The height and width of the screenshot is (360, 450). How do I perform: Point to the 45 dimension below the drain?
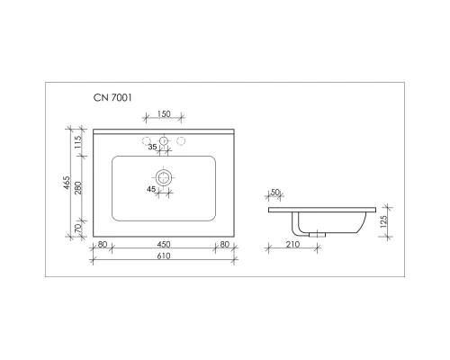152,189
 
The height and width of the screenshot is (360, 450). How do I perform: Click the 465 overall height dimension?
67,184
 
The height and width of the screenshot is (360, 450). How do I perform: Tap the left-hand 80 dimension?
102,244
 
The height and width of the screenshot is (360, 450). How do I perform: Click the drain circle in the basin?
163,178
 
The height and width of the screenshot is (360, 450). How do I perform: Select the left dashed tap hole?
145,140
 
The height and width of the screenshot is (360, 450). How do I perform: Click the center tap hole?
163,142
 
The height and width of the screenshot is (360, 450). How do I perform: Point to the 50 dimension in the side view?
274,193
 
